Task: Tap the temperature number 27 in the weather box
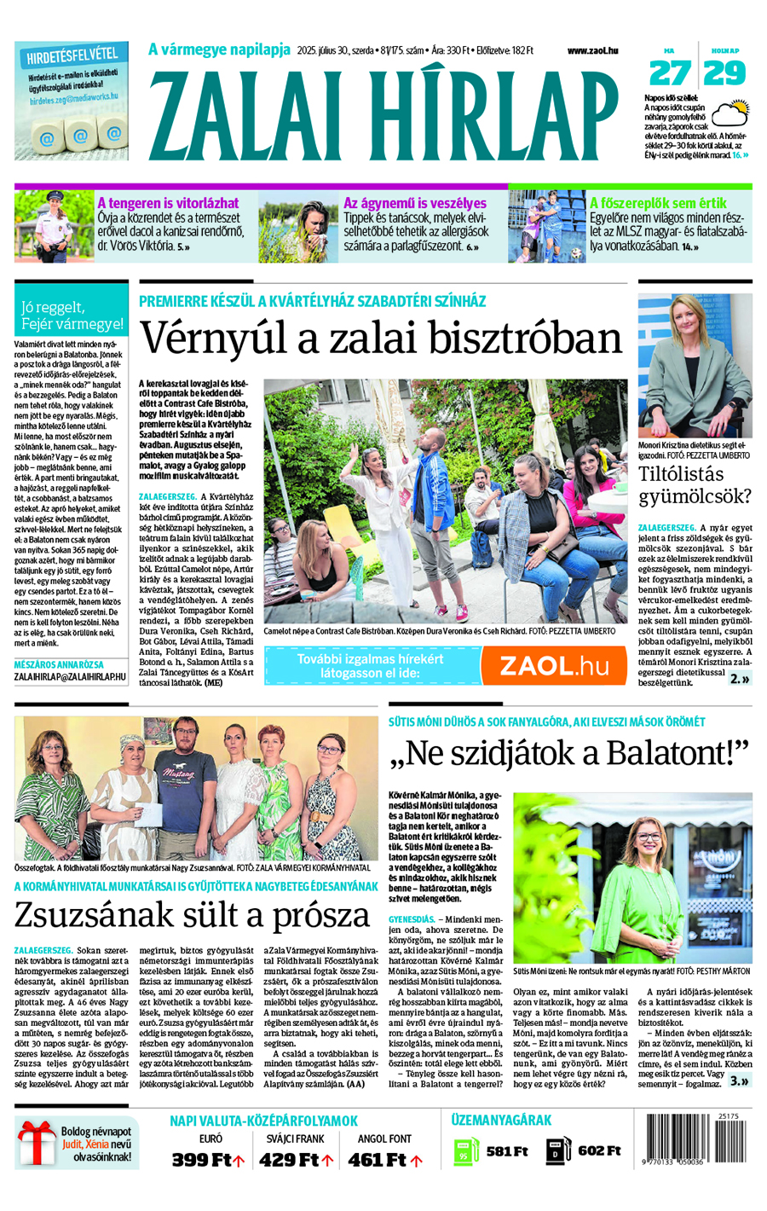tap(670, 73)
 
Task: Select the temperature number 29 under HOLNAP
tap(725, 73)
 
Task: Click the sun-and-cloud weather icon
tap(730, 114)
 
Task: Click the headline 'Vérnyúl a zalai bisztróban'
tap(380, 337)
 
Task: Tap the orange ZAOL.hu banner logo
tap(553, 666)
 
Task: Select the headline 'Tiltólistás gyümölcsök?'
tap(695, 485)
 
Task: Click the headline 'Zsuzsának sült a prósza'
tap(192, 915)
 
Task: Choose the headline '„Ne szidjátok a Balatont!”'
tap(568, 753)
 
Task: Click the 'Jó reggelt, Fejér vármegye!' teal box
tap(72, 316)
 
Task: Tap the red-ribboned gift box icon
tap(36, 1144)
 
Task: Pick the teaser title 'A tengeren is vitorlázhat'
tap(168, 203)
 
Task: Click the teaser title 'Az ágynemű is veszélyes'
tap(414, 203)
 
